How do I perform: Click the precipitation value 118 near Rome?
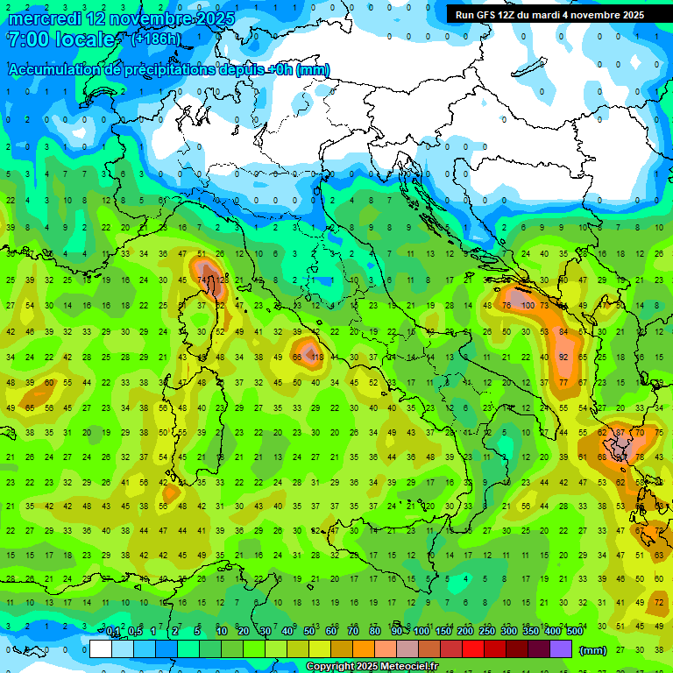[x=317, y=358]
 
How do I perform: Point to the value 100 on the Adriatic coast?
[x=528, y=306]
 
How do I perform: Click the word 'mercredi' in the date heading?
[x=45, y=18]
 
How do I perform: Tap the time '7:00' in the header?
[x=26, y=39]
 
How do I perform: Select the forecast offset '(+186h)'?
[x=157, y=39]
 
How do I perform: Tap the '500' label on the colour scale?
[x=575, y=632]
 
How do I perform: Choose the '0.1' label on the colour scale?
[x=113, y=632]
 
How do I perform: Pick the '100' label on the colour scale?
[x=422, y=632]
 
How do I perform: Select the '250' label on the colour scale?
[x=487, y=632]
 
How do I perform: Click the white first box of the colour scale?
[x=101, y=648]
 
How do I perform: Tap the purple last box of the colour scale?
[x=560, y=648]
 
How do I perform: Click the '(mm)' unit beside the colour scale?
[x=592, y=649]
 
